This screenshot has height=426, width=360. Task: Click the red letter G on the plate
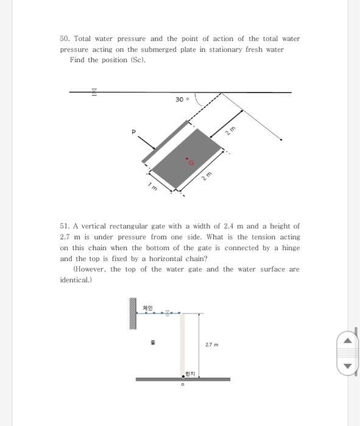[x=191, y=162]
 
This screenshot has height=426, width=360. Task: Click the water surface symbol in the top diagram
[x=94, y=92]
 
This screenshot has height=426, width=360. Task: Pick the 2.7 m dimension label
[x=213, y=344]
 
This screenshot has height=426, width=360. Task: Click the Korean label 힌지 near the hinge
[x=189, y=372]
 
